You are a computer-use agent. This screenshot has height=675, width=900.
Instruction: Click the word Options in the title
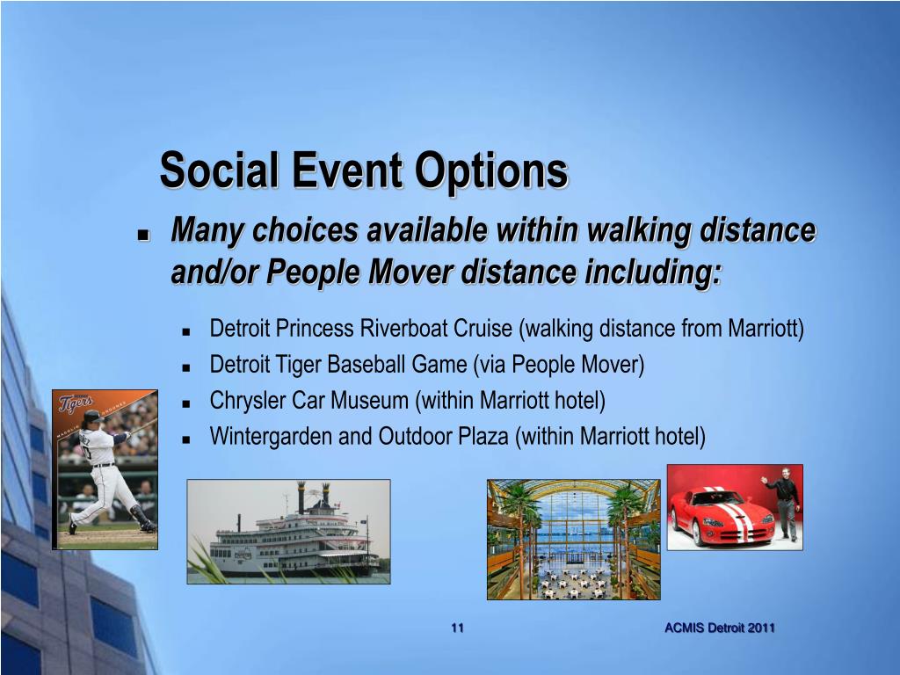491,172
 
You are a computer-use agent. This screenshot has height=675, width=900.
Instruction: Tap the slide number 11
457,628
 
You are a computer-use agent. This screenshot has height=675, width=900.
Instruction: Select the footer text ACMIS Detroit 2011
720,628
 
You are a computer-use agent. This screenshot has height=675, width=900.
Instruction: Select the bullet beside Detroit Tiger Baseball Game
185,368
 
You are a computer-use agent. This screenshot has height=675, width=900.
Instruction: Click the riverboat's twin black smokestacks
314,497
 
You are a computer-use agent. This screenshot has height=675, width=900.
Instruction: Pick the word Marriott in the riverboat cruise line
764,329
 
